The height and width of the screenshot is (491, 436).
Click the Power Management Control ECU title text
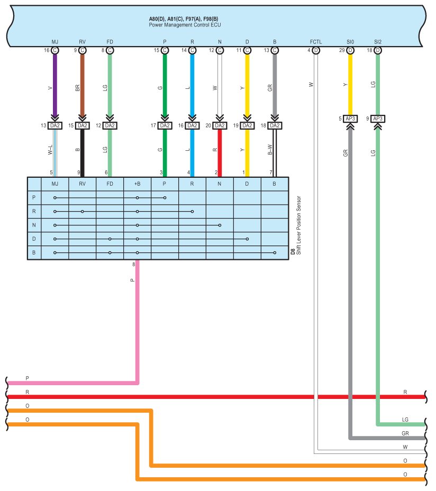tap(185, 25)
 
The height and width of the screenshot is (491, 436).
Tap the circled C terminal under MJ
tap(55, 50)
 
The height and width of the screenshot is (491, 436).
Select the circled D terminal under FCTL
tap(316, 50)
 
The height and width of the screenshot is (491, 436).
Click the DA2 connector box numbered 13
tap(55, 125)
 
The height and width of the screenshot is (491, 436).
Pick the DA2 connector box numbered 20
tap(220, 125)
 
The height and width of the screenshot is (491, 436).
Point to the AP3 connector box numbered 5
tap(350, 119)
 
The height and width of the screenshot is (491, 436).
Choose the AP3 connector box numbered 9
tap(378, 119)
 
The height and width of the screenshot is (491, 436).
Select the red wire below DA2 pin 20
tap(220, 153)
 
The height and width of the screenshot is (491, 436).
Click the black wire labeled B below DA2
tap(83, 153)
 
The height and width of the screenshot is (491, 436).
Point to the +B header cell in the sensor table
tap(137, 184)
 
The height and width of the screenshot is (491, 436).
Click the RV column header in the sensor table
tap(83, 184)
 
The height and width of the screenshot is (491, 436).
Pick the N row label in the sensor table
tap(34, 225)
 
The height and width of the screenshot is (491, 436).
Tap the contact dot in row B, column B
tap(275, 253)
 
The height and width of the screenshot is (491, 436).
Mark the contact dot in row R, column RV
tap(83, 212)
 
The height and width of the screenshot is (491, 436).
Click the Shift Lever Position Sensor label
tap(298, 225)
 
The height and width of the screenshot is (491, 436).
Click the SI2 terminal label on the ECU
tap(378, 42)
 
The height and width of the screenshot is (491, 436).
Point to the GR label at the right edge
tap(405, 433)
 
